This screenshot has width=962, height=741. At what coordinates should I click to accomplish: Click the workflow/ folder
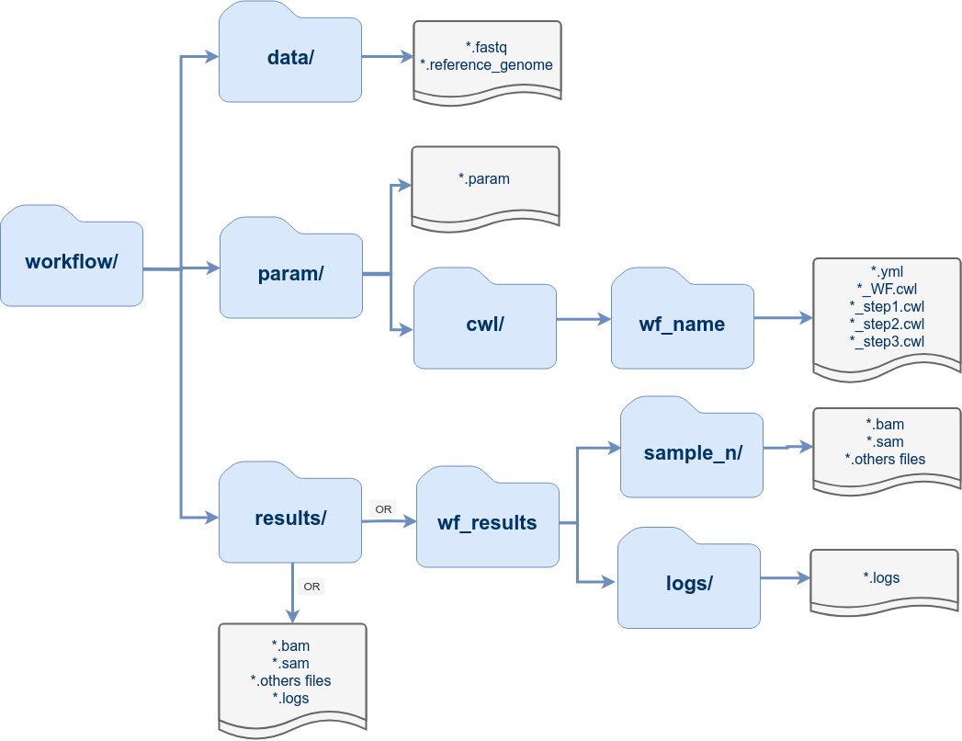[72, 261]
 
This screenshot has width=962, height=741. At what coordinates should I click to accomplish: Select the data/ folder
[290, 58]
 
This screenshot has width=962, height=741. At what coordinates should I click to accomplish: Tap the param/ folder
[290, 273]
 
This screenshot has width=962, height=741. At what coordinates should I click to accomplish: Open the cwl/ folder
[484, 324]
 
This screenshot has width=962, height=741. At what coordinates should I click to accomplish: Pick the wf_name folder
[682, 324]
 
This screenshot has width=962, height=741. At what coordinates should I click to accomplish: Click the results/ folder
[290, 518]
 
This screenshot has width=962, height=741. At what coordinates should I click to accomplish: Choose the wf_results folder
[487, 523]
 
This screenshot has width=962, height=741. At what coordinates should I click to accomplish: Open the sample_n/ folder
[692, 452]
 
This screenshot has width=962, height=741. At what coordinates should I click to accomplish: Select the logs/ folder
[688, 583]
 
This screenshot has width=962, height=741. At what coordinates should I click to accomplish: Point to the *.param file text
[484, 179]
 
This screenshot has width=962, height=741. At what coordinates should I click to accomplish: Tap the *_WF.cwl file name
[887, 289]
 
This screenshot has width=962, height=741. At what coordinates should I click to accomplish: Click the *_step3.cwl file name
[887, 341]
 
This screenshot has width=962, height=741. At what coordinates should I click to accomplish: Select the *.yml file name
[887, 271]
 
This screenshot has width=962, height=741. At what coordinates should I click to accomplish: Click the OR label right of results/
[382, 508]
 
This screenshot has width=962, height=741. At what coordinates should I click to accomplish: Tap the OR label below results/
[311, 586]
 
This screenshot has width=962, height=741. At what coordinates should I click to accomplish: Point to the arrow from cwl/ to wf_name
[583, 319]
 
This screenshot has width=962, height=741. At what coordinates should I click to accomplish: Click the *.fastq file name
[487, 46]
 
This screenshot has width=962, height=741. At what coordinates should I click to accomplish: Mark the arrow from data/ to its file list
[387, 57]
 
